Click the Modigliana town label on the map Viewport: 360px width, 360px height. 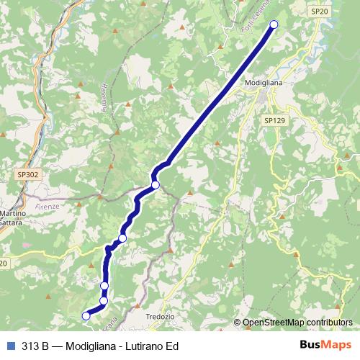pyautogui.click(x=265, y=83)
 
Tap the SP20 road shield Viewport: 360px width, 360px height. pyautogui.click(x=320, y=12)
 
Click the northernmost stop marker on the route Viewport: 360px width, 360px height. pyautogui.click(x=274, y=25)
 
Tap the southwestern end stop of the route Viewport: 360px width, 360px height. pyautogui.click(x=86, y=315)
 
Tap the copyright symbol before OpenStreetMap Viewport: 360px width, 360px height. pyautogui.click(x=237, y=323)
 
